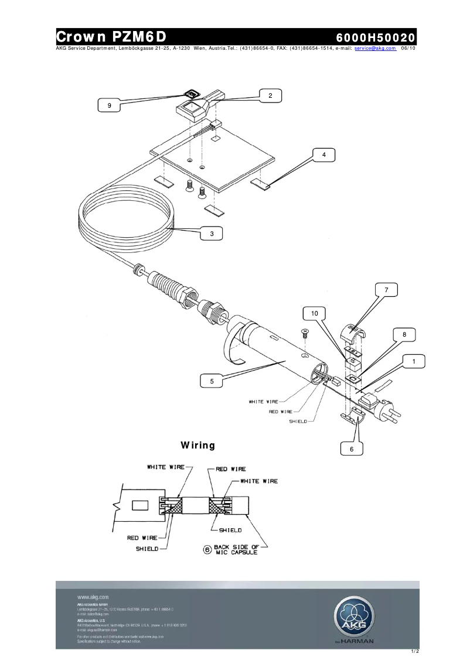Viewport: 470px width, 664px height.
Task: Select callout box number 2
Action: [x=270, y=95]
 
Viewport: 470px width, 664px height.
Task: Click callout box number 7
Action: [x=386, y=290]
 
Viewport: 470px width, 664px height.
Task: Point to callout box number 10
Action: [x=314, y=313]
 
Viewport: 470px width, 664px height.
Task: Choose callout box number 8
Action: [x=404, y=334]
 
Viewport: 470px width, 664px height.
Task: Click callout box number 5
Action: [x=212, y=381]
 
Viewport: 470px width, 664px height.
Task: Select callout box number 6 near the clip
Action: [x=352, y=449]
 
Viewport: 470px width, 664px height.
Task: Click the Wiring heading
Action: [x=198, y=446]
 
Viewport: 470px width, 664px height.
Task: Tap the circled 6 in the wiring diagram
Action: [x=207, y=550]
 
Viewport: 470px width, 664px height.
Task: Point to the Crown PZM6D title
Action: [x=112, y=37]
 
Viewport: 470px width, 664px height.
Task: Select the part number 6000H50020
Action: [x=375, y=37]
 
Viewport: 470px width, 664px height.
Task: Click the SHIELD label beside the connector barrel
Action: [x=298, y=422]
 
